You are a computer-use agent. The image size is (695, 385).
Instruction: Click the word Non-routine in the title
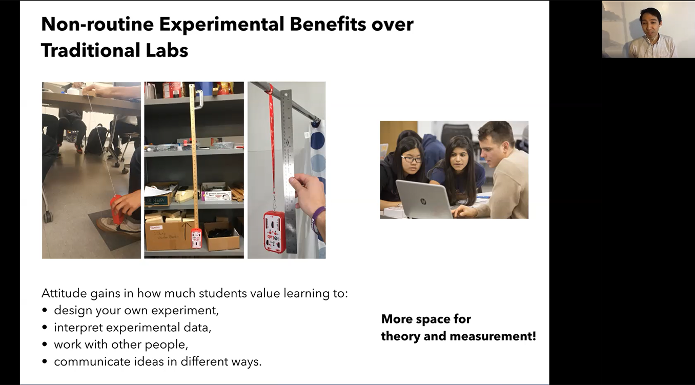(97, 24)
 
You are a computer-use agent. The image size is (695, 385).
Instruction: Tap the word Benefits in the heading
(328, 24)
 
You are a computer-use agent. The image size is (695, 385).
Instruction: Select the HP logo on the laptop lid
(423, 201)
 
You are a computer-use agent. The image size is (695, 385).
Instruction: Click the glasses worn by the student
(412, 159)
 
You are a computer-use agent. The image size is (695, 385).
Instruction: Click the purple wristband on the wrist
(318, 219)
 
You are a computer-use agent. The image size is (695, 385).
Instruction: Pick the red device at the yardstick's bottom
(196, 238)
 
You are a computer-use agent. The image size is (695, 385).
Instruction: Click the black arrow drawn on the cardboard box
(185, 231)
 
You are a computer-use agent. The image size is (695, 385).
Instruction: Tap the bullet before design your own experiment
(45, 310)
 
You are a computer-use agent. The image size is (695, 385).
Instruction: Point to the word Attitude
(64, 293)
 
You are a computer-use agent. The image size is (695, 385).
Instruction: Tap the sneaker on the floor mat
(119, 226)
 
